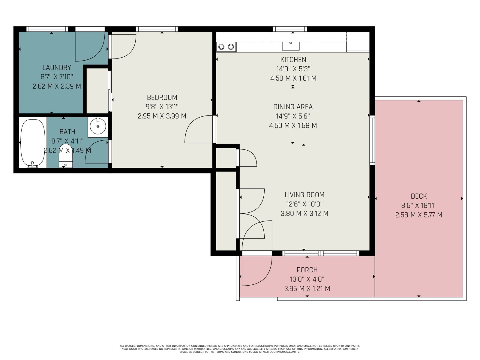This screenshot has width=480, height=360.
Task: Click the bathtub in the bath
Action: click(x=33, y=143)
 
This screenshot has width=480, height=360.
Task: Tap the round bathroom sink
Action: click(x=98, y=126)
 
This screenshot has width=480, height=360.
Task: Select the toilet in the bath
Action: click(x=66, y=156)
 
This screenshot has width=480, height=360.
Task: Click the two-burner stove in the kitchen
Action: click(x=226, y=47)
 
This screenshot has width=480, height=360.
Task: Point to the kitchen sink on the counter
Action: click(x=291, y=46)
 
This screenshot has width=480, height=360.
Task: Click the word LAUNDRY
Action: click(x=57, y=67)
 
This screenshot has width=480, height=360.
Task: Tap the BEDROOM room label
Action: click(x=162, y=97)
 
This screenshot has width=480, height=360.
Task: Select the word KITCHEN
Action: click(x=293, y=59)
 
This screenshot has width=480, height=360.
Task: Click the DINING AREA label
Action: click(x=293, y=107)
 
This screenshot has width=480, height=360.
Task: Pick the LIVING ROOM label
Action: click(x=304, y=194)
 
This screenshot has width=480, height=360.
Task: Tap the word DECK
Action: click(x=419, y=196)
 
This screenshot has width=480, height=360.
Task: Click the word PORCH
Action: click(x=307, y=270)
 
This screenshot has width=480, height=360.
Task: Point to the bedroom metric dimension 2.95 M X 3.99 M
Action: click(x=162, y=116)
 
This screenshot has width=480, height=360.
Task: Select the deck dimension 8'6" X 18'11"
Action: click(x=419, y=205)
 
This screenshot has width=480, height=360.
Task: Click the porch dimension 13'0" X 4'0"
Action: click(x=307, y=279)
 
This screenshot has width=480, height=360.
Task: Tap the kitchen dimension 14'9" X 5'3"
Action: click(x=293, y=69)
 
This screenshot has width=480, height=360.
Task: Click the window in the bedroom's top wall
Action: click(x=157, y=29)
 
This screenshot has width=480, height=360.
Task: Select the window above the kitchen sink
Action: click(x=290, y=29)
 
